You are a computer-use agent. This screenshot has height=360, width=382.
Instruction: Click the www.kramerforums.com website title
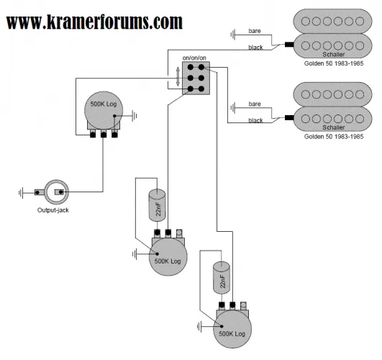pos(94,22)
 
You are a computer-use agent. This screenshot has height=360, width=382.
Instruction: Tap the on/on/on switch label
pos(194,58)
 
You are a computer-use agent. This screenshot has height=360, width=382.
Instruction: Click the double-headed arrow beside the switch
pos(178,76)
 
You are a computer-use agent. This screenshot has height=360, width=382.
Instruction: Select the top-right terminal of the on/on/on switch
pos(201,67)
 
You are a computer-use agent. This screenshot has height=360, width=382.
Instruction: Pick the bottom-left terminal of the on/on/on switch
pos(191,89)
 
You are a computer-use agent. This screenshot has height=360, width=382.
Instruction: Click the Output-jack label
pos(53,210)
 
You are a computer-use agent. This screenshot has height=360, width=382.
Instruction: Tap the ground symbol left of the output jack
pos(21,192)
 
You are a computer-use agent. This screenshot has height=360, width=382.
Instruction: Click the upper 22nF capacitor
pos(157,205)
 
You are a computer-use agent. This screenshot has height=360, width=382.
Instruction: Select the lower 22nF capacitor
pos(222,278)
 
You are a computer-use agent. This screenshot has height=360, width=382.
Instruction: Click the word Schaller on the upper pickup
pos(334,54)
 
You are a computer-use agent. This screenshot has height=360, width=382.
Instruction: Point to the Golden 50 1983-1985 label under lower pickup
pos(334,136)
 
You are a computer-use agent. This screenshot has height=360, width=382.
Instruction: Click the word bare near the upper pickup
pos(255,31)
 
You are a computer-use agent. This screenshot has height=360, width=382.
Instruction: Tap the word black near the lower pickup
pos(255,120)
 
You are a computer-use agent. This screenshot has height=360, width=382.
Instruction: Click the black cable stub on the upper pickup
pos(289,45)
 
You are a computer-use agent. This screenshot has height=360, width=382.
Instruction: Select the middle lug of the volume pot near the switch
pos(104,134)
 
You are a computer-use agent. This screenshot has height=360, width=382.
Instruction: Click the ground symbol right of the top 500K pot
pos(135,116)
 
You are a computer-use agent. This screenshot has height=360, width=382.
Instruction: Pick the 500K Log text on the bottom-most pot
pos(232,333)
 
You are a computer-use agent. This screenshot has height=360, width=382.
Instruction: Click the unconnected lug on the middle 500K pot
pos(179,233)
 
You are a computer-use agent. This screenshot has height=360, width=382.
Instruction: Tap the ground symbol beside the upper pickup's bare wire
pos(233,35)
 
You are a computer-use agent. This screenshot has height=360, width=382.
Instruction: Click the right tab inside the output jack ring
pos(59,192)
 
